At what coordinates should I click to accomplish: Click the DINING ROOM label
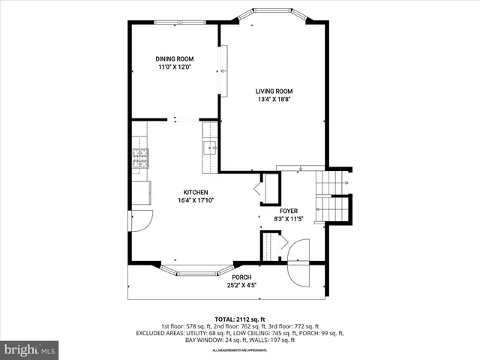[175, 58]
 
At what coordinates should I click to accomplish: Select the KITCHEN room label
[193, 192]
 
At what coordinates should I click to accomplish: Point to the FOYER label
[289, 211]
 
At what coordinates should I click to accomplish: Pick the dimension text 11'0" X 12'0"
[175, 67]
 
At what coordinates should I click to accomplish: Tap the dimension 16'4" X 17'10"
[193, 200]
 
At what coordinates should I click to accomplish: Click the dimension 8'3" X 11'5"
[289, 220]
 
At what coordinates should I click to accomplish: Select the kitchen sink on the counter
[209, 147]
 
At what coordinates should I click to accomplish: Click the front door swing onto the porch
[298, 262]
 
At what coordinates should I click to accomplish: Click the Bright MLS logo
[30, 349]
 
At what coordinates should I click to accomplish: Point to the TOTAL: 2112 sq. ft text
[240, 319]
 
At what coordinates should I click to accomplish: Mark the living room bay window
[272, 15]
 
